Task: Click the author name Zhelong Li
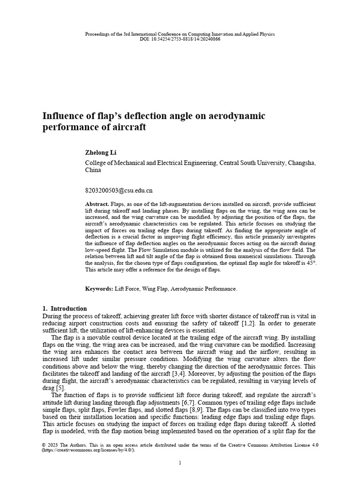pos(100,153)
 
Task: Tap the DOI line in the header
pos(180,39)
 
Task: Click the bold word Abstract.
pos(97,204)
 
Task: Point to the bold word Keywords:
pos(99,289)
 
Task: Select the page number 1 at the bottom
pos(180,463)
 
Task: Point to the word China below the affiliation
pos(93,170)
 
